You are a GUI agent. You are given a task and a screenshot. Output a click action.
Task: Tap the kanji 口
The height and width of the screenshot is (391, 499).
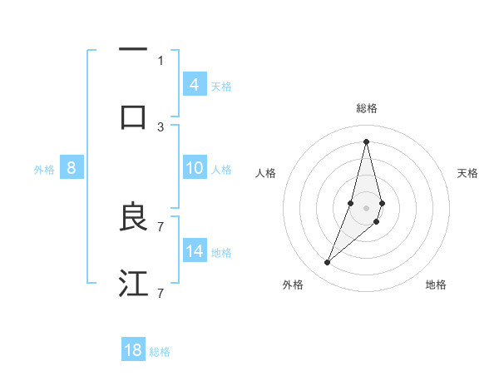(x=133, y=116)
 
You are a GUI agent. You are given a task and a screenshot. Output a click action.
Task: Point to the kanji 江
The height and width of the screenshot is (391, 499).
(x=133, y=283)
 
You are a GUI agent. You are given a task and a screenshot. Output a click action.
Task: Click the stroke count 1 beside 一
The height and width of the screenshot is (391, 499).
(x=161, y=60)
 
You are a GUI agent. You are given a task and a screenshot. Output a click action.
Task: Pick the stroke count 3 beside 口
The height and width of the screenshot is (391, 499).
(x=161, y=126)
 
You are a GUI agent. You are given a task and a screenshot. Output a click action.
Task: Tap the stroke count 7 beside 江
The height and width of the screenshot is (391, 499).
(x=161, y=293)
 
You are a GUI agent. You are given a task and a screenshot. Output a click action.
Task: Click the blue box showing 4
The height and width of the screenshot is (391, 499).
(x=195, y=84)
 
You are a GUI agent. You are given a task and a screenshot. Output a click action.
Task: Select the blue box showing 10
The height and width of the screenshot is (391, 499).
(x=195, y=168)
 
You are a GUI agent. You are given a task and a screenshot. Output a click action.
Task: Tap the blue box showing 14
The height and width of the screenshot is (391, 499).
(x=195, y=250)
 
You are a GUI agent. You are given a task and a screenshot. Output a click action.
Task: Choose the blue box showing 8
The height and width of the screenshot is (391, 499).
(x=72, y=168)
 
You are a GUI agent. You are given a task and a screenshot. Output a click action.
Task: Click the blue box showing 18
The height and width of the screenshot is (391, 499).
(x=133, y=350)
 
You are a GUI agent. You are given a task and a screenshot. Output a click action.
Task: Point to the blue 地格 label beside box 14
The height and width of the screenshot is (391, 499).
(x=221, y=253)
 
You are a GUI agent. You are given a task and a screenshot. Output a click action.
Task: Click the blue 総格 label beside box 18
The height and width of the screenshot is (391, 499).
(x=160, y=352)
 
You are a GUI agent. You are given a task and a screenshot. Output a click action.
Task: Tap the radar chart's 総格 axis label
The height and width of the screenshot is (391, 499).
(x=366, y=108)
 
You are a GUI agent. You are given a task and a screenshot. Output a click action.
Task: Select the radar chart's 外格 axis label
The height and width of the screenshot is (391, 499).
(x=293, y=285)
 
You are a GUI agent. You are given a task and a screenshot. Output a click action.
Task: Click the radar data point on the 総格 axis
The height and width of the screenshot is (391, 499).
(x=366, y=141)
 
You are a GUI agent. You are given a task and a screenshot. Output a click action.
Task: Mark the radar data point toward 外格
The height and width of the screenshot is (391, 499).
(x=328, y=263)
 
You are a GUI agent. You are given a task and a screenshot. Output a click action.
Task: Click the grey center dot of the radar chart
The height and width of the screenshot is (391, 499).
(x=366, y=208)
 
